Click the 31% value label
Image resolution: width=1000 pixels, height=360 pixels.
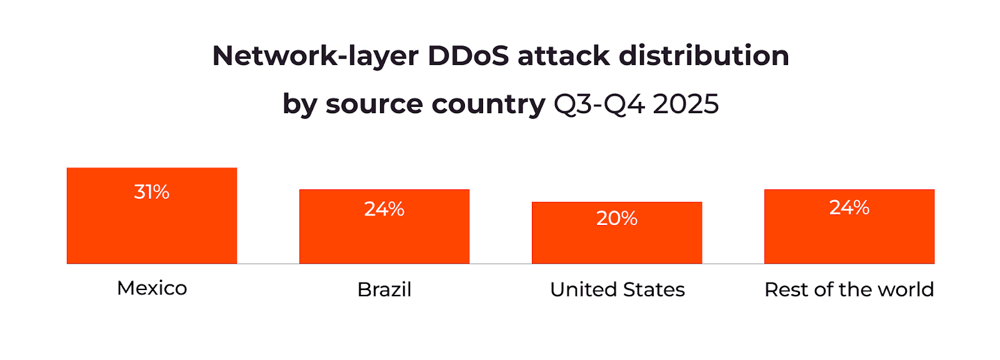[152, 192]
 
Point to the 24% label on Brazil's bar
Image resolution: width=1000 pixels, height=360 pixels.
[384, 209]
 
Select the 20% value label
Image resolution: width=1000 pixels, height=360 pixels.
[617, 218]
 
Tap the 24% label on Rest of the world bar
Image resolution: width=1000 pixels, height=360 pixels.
[849, 207]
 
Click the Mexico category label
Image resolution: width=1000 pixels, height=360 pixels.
[152, 288]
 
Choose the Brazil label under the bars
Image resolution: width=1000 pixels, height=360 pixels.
[384, 289]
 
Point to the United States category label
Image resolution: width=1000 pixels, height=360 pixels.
[617, 289]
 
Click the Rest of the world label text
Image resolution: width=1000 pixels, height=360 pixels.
[849, 289]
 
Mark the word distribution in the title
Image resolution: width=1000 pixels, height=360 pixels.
[704, 56]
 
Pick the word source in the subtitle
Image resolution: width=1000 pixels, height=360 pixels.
[373, 104]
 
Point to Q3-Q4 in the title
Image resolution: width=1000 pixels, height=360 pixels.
[599, 104]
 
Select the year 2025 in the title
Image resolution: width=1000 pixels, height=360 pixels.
[686, 104]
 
